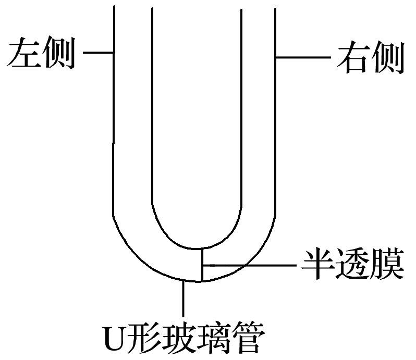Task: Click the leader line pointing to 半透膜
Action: click(x=250, y=266)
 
